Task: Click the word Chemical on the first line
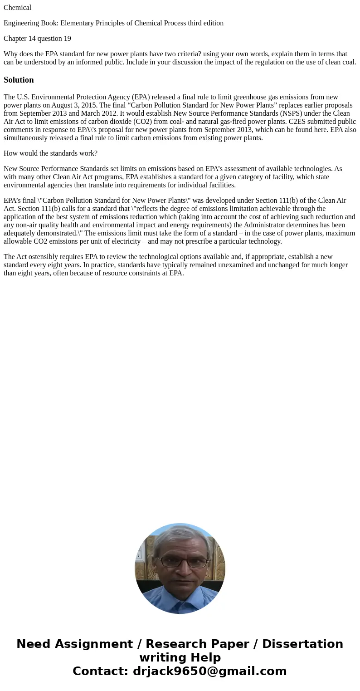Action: click(x=17, y=8)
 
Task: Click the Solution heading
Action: click(x=19, y=80)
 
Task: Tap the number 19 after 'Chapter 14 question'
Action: click(x=67, y=39)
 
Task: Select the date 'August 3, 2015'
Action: click(x=73, y=105)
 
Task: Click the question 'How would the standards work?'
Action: click(x=50, y=153)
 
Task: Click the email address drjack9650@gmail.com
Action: click(x=209, y=671)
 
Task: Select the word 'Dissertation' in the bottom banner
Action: click(x=302, y=644)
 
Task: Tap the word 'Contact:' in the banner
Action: click(x=101, y=671)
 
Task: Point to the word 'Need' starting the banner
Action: click(x=34, y=644)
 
